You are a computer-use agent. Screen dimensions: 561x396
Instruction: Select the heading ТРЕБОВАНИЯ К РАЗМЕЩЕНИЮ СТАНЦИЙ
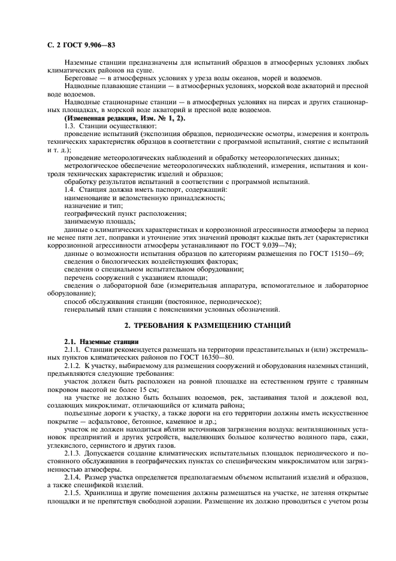coord(207,325)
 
